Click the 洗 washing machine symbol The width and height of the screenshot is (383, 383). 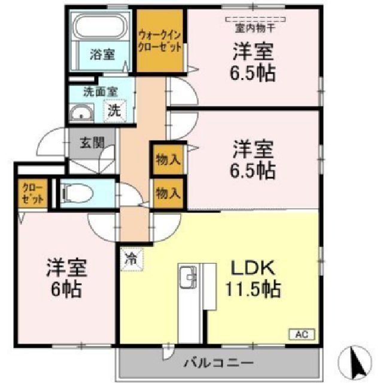click(113, 111)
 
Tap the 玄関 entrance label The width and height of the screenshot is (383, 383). click(92, 143)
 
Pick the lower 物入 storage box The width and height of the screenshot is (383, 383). click(168, 193)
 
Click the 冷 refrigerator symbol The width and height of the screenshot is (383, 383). click(130, 259)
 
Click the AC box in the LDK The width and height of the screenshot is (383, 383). click(301, 335)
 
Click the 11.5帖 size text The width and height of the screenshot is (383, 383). click(253, 290)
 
